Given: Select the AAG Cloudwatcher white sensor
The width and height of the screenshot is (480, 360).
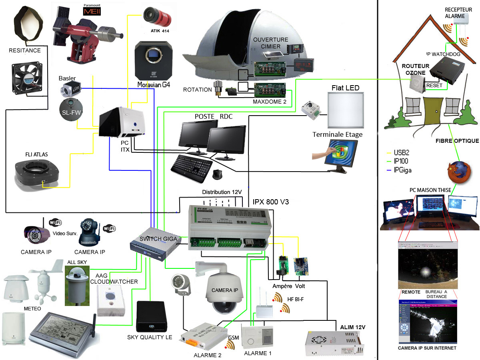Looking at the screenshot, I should [x=110, y=299].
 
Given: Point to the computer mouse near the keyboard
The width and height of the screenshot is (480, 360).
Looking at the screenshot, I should [x=218, y=174].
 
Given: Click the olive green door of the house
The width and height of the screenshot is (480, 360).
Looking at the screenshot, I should [x=432, y=111].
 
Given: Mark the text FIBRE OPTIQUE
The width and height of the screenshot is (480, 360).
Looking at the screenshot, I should [x=457, y=141].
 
